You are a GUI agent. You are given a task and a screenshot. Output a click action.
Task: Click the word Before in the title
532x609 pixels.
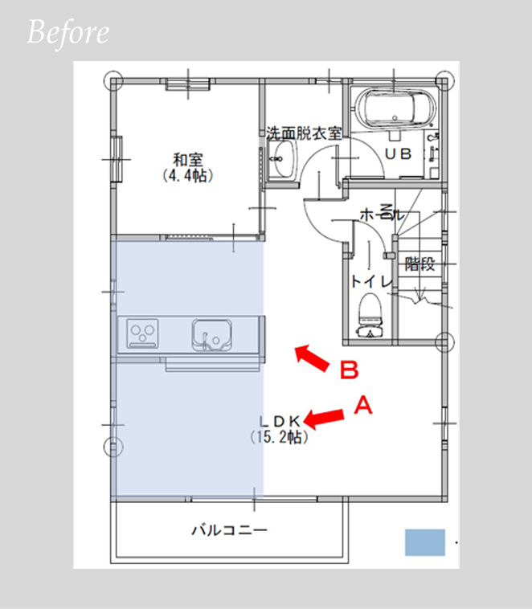(68, 33)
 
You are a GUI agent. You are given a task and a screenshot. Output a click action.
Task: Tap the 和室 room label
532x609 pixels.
(188, 160)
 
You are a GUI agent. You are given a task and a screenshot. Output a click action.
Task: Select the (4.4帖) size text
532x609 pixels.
(188, 176)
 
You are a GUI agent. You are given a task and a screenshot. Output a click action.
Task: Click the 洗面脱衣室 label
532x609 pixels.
(304, 133)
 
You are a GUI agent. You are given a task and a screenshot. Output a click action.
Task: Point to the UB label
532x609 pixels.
(399, 154)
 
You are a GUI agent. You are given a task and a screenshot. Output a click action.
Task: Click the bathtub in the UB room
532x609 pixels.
(395, 108)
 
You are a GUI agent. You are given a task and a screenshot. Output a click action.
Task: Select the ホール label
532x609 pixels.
(383, 214)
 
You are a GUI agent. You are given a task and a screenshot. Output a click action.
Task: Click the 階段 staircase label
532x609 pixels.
(419, 264)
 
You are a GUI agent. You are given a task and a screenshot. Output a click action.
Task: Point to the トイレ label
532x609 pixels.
(371, 281)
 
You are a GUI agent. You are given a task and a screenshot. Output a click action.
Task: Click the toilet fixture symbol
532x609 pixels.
(370, 315)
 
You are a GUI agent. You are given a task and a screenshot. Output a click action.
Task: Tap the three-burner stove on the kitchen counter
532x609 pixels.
(142, 333)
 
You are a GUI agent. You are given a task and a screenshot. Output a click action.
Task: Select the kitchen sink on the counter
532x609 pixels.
(211, 335)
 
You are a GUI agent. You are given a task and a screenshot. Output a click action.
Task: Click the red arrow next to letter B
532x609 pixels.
(312, 358)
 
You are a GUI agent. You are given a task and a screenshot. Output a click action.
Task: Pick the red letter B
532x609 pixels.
(350, 370)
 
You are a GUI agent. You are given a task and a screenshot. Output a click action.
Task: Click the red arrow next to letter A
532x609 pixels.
(324, 419)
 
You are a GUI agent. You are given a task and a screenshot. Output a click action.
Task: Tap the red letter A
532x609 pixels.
(363, 405)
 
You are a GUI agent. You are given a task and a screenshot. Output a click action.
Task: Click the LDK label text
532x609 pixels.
(280, 421)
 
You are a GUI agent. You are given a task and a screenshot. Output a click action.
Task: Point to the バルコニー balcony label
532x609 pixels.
(230, 529)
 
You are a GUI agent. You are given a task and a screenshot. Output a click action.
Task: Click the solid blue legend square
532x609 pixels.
(425, 542)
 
